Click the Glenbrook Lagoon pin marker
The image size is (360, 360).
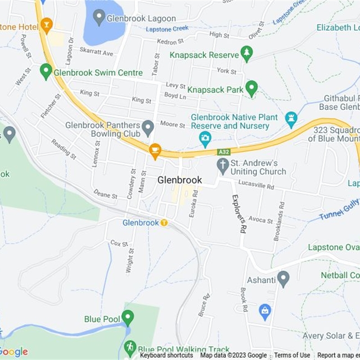click(99, 18)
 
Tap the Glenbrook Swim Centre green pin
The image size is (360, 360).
click(45, 71)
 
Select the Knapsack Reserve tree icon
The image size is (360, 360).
click(246, 54)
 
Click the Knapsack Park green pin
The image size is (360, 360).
click(252, 88)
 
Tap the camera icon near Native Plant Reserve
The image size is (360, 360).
click(205, 139)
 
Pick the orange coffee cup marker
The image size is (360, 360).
click(155, 151)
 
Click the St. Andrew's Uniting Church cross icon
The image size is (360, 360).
click(223, 165)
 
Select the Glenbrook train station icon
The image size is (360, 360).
click(164, 222)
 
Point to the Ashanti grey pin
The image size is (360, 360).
click(283, 279)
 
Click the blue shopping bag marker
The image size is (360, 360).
click(265, 311)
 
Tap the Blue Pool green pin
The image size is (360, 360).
click(128, 318)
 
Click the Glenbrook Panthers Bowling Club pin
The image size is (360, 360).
click(148, 128)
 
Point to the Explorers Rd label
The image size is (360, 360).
click(239, 213)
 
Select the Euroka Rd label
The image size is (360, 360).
click(193, 203)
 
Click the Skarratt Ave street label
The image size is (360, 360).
click(96, 53)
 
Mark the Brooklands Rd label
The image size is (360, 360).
click(279, 221)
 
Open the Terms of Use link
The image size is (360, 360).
click(292, 355)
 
